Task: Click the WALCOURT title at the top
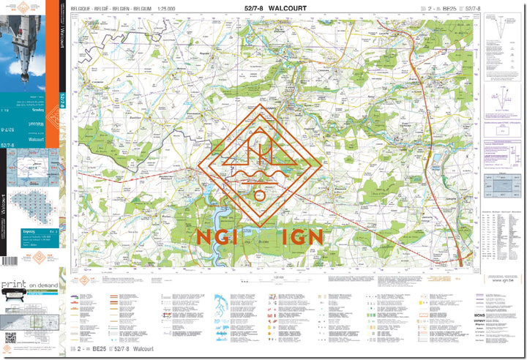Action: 289,8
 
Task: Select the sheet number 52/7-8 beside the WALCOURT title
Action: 255,8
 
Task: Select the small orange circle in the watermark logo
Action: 259,195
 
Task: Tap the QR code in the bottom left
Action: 10,337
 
